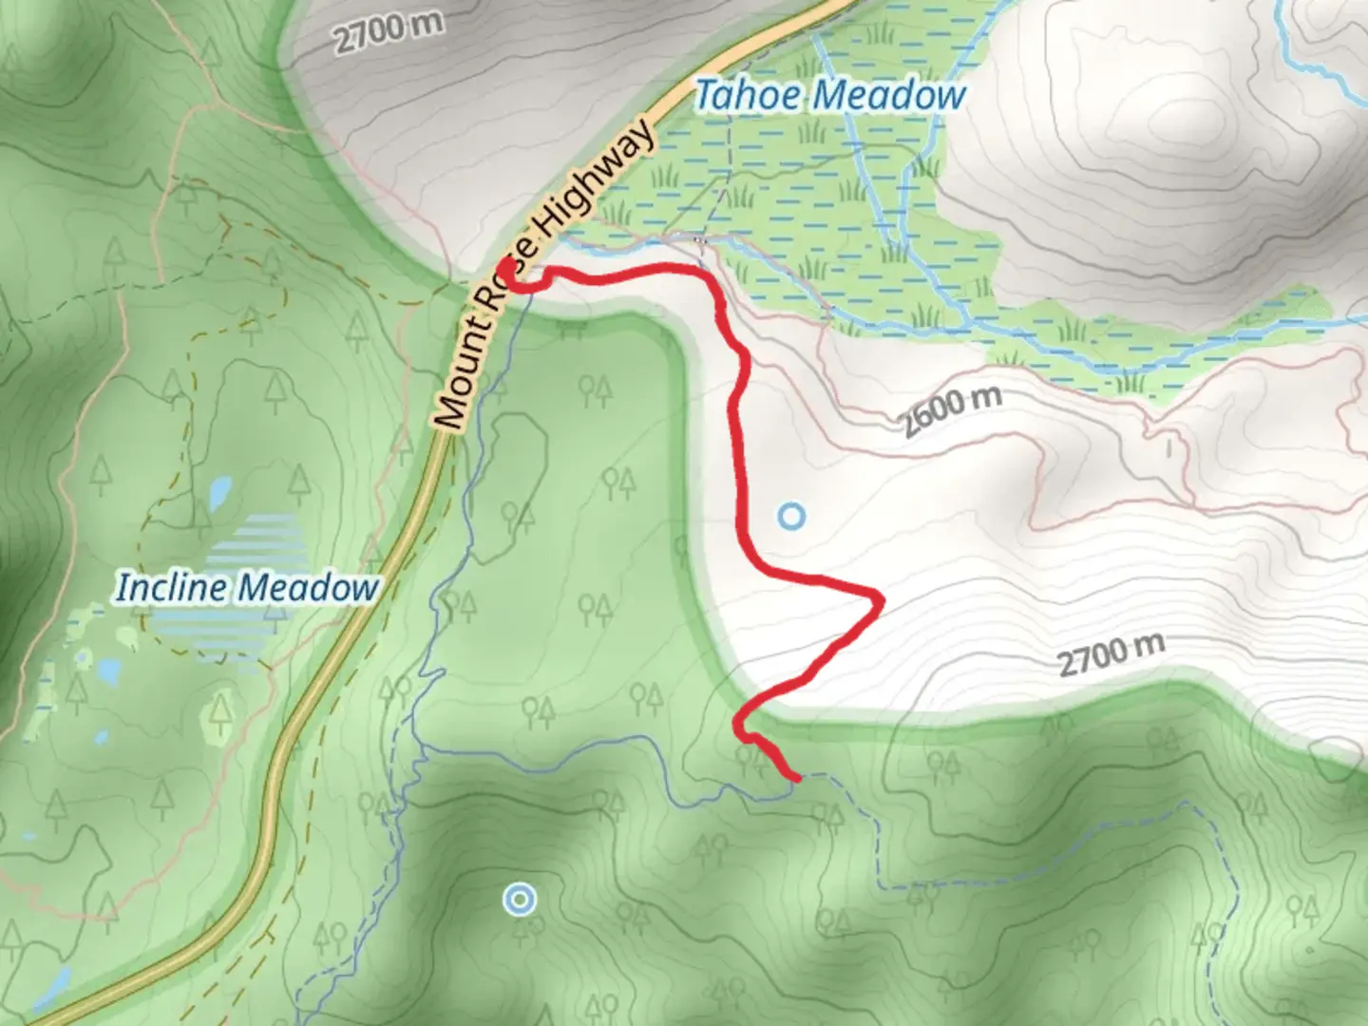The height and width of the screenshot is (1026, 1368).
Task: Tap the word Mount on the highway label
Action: pos(455,385)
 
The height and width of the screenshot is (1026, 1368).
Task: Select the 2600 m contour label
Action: pos(952,410)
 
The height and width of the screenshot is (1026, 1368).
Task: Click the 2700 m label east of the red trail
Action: pos(1111,655)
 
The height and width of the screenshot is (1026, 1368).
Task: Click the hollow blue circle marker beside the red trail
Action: pos(791,517)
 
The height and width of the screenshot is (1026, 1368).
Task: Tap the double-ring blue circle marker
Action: pos(519,899)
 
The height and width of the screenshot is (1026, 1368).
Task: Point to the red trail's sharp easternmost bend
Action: pos(880,599)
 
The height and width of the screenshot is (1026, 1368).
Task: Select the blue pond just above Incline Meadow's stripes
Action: pos(220,491)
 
